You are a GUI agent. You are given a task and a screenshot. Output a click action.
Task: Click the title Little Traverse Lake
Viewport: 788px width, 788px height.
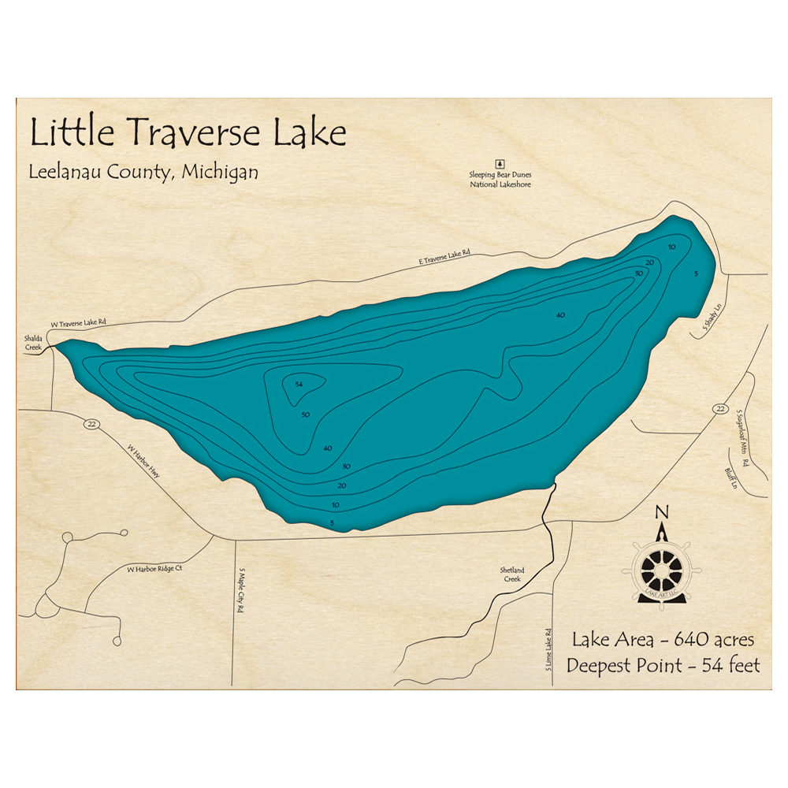click(188, 133)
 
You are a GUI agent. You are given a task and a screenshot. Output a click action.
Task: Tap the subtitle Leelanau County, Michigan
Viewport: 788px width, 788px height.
click(143, 171)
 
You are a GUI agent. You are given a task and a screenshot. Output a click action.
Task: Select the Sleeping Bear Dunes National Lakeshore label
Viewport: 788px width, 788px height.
click(500, 180)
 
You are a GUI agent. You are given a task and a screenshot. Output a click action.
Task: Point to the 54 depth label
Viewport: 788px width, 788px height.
click(299, 384)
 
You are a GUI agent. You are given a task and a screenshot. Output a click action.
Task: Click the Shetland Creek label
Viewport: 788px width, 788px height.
click(511, 574)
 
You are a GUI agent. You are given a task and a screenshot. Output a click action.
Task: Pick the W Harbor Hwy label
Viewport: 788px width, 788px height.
click(144, 463)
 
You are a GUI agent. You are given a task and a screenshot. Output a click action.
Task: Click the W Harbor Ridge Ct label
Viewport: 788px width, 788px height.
click(154, 568)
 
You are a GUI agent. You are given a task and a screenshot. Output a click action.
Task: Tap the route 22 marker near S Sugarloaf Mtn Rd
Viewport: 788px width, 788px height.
click(720, 408)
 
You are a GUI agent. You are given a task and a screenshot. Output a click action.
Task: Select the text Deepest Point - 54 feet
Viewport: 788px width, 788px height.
click(663, 666)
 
